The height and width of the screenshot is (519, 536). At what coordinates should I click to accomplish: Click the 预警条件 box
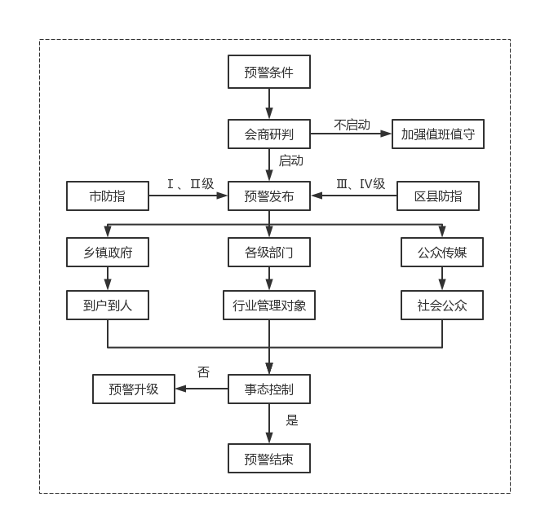pos(268,72)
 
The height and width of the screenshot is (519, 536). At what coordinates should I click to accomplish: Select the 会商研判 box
pos(268,134)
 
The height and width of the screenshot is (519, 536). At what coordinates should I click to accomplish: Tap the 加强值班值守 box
pos(438,134)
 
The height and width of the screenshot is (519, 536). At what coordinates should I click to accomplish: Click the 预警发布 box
pos(268,196)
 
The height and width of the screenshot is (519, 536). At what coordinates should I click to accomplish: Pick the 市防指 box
pos(108,196)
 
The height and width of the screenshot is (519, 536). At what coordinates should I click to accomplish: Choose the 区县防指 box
pos(438,196)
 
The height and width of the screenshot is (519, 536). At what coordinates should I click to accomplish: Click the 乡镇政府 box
pos(108,253)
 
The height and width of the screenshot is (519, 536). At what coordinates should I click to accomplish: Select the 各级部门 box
pos(268,253)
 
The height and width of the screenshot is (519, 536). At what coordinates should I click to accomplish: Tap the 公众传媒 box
pos(442,253)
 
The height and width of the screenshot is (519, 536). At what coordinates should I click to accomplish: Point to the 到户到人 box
pos(108,306)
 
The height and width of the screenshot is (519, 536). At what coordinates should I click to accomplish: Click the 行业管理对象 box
pos(268,306)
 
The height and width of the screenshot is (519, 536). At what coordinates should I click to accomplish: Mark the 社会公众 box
pos(442,306)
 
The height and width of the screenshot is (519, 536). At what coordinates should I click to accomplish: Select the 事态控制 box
pos(268,389)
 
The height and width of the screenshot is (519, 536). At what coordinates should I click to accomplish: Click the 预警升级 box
pos(134,389)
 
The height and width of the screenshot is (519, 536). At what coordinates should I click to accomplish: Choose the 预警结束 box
pos(268,459)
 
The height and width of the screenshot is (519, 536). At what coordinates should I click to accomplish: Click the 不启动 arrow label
pos(352,125)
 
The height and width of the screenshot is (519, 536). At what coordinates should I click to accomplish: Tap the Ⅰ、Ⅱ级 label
pos(190,184)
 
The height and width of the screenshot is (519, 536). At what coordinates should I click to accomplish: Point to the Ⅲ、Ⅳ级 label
pos(361,184)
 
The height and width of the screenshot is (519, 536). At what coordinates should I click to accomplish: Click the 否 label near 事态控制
pos(203,372)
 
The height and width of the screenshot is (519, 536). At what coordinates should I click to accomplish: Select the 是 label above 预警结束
pos(292,420)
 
